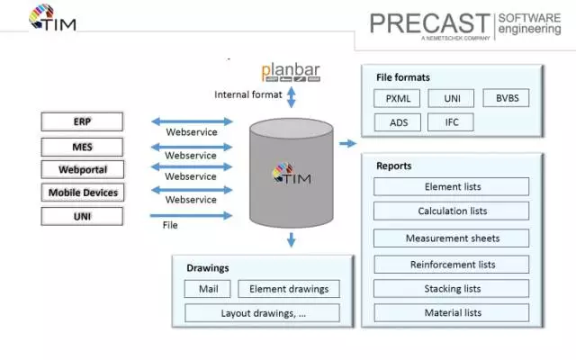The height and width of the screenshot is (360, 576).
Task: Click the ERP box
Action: [82, 121]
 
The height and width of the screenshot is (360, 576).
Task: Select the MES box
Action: [82, 145]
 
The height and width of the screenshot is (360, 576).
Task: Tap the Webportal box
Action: [82, 168]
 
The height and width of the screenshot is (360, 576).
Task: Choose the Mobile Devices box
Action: [82, 192]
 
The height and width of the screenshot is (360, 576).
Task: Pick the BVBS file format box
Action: [506, 98]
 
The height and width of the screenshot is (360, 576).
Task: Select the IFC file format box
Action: [451, 121]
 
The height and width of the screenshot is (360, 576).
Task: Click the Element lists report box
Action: [452, 186]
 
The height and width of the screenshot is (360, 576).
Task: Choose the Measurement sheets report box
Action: [452, 238]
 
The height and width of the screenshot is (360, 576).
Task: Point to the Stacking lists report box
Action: [452, 289]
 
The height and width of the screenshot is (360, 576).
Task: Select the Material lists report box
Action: [452, 312]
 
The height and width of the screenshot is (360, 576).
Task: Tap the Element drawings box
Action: [289, 289]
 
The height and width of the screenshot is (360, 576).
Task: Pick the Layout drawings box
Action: [262, 313]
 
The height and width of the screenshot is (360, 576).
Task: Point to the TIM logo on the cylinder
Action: [291, 176]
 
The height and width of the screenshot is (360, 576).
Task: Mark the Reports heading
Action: [395, 166]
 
